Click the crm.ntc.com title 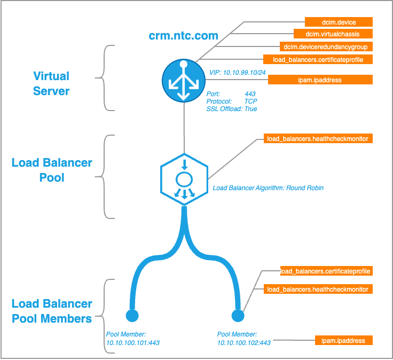click(183, 36)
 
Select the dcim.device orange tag click(338, 22)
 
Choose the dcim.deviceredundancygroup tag click(325, 47)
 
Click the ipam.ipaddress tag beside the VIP click(320, 80)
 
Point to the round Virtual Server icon click(183, 80)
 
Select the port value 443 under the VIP click(250, 93)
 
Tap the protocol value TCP click(250, 101)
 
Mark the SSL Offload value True click(250, 108)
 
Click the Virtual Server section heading click(51, 83)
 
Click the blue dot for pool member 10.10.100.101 click(132, 314)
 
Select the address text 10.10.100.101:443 click(132, 342)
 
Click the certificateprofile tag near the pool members click(325, 271)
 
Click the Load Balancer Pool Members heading click(52, 311)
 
